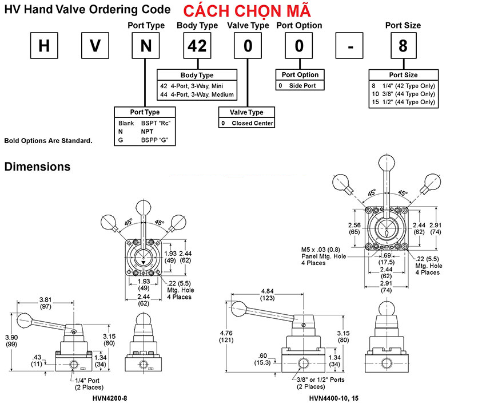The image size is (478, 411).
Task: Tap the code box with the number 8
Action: [403, 46]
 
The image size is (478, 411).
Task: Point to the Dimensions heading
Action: [37, 167]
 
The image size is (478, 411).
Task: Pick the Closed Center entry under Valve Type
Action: [253, 123]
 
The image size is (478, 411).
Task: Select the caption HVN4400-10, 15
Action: [334, 398]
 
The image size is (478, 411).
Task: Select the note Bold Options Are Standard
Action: [48, 140]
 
